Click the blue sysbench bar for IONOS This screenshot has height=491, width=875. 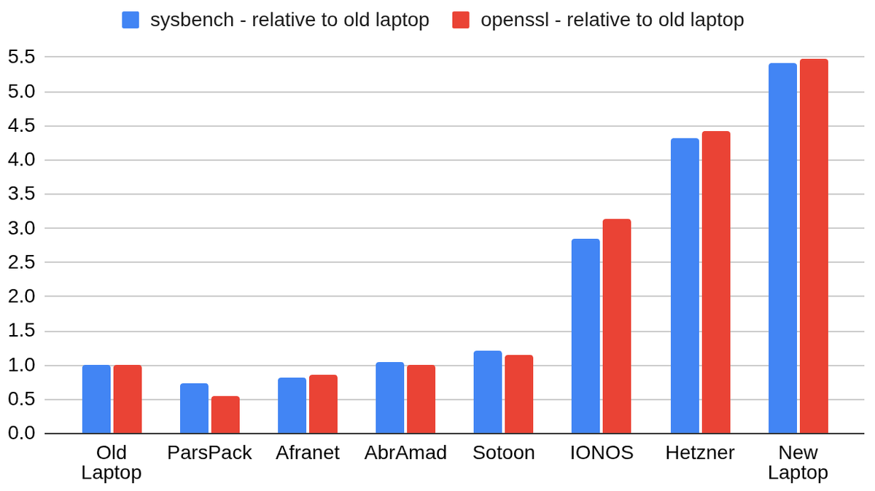[x=586, y=336]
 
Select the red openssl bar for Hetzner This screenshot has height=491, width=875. [x=716, y=282]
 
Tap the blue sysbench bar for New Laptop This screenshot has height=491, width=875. [x=782, y=248]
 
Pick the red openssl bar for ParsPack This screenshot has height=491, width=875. [x=225, y=415]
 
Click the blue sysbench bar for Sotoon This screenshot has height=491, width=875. [x=488, y=392]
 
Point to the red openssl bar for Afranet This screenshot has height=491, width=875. [x=323, y=404]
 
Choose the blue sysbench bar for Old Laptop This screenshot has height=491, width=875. [x=96, y=399]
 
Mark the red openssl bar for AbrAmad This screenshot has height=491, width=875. [x=421, y=399]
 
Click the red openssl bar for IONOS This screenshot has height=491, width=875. [x=616, y=326]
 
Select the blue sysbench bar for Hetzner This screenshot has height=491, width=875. [x=685, y=286]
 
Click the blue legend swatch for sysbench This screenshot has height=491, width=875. [x=131, y=20]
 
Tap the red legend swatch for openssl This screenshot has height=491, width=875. [x=461, y=20]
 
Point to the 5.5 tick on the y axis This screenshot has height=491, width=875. [x=21, y=57]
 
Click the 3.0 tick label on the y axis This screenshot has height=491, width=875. [x=21, y=228]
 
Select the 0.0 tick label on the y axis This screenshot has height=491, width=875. [x=21, y=433]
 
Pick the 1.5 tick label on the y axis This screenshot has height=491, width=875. [x=21, y=331]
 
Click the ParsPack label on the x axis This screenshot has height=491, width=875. [x=209, y=452]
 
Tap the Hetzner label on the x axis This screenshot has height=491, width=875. [x=699, y=452]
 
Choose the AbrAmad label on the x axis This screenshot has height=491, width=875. [x=405, y=452]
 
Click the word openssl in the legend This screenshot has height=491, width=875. [x=515, y=20]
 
